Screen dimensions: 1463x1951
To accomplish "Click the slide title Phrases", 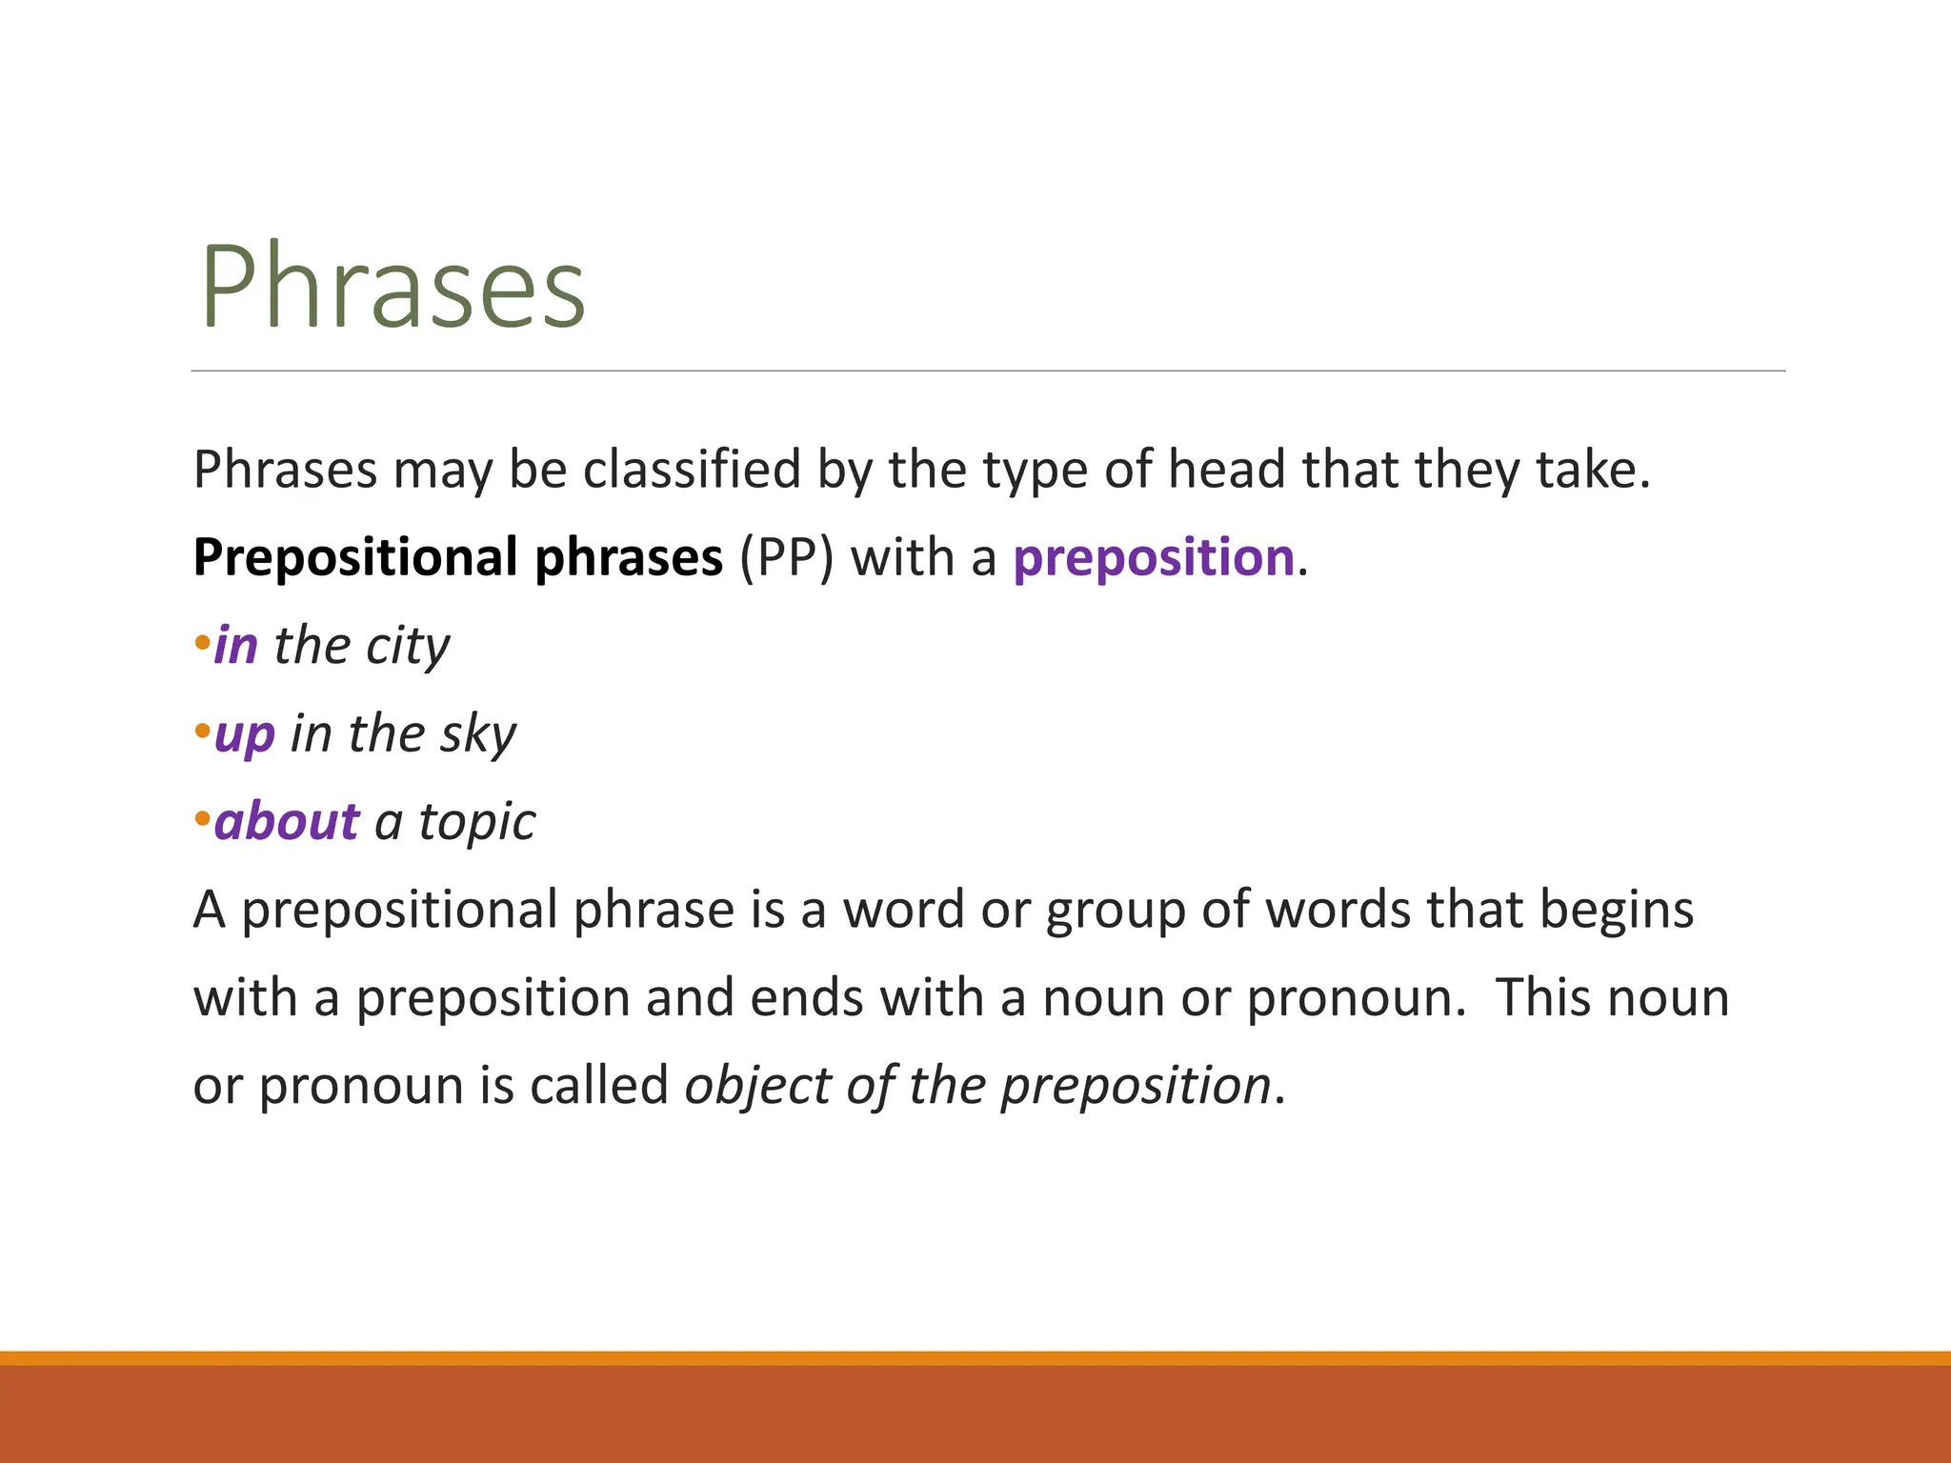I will [x=392, y=287].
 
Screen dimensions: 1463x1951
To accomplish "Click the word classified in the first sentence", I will [x=692, y=470].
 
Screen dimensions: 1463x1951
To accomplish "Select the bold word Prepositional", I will [x=355, y=558].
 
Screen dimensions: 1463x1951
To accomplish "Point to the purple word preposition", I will [x=1154, y=558].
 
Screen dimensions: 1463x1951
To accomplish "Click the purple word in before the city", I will [x=236, y=646].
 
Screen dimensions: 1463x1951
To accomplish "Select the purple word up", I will [x=245, y=735].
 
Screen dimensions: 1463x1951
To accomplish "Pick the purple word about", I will [x=287, y=822].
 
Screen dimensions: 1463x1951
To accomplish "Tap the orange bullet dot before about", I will [x=201, y=818].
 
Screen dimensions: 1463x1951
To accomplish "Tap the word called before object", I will [x=599, y=1086].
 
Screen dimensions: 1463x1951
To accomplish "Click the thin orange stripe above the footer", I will [x=975, y=1358].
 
